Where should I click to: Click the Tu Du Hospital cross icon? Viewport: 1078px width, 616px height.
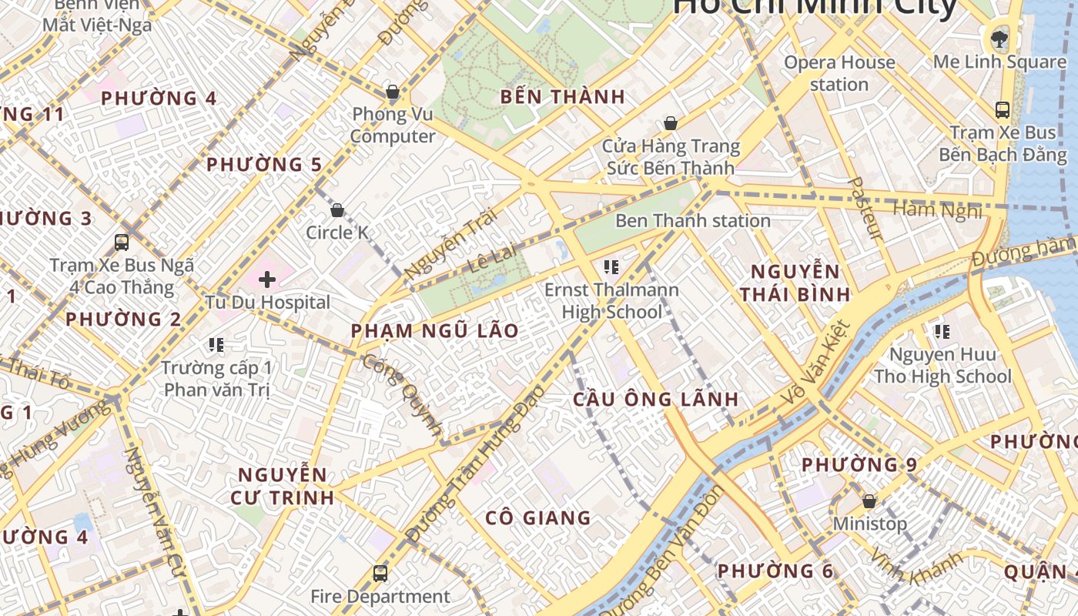[x=267, y=279]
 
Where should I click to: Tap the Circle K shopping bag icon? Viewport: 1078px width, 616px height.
[x=336, y=209]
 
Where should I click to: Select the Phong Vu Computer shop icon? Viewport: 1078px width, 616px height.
[x=392, y=92]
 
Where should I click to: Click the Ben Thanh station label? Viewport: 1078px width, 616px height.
[x=692, y=221]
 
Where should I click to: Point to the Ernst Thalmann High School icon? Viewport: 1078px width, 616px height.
[x=611, y=267]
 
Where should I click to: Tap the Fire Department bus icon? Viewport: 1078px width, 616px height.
[x=380, y=573]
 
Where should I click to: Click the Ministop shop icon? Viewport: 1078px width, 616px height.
[x=869, y=501]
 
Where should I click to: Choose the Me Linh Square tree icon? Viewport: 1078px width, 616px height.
[x=999, y=38]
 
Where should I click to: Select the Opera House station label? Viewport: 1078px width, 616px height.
[x=839, y=73]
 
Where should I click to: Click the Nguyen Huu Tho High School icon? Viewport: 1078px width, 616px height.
[x=942, y=332]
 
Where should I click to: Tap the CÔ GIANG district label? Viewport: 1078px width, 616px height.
[x=538, y=518]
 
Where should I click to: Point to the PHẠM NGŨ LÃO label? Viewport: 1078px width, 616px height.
[x=434, y=331]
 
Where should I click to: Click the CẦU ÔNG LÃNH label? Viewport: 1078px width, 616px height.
[x=656, y=400]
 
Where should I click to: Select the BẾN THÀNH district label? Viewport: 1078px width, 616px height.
[x=562, y=97]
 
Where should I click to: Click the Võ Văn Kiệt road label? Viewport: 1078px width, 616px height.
[x=815, y=364]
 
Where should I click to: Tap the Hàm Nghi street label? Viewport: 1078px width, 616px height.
[x=937, y=209]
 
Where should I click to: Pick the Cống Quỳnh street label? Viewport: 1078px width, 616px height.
[x=403, y=395]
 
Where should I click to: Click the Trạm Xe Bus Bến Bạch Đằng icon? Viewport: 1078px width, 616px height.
[x=1002, y=110]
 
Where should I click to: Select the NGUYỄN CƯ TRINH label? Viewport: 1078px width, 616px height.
[x=283, y=485]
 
